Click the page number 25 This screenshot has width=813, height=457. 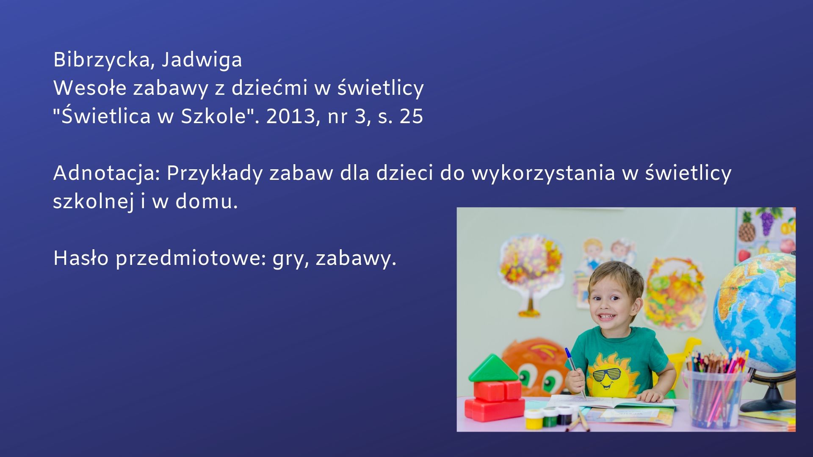411,116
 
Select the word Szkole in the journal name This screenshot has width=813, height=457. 213,116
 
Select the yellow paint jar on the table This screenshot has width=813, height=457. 533,418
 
